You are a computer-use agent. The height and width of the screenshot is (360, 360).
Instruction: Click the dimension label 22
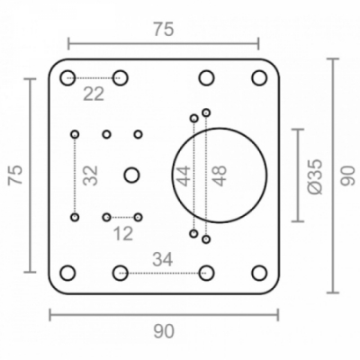(94, 94)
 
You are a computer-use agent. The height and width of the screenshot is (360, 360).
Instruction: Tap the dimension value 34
(163, 259)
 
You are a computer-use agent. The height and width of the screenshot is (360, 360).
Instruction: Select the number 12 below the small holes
(123, 234)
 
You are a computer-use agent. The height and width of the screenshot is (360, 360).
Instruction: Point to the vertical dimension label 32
(91, 175)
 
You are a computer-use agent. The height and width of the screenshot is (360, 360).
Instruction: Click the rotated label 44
(183, 175)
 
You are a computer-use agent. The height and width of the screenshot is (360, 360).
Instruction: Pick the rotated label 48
(219, 175)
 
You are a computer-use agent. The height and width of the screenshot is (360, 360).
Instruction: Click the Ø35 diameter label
(315, 176)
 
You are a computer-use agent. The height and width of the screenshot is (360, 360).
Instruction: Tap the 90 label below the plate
(164, 332)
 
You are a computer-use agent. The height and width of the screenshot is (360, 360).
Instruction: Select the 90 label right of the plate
(348, 175)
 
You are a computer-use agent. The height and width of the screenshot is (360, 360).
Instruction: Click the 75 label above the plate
(164, 30)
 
